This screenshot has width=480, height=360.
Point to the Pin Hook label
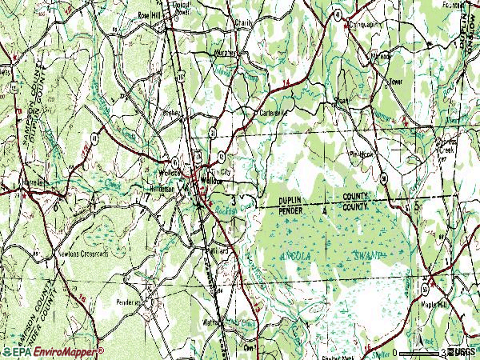(361, 153)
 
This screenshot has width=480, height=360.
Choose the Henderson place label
(166, 189)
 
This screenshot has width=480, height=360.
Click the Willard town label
(219, 250)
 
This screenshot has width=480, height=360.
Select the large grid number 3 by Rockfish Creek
(233, 196)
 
